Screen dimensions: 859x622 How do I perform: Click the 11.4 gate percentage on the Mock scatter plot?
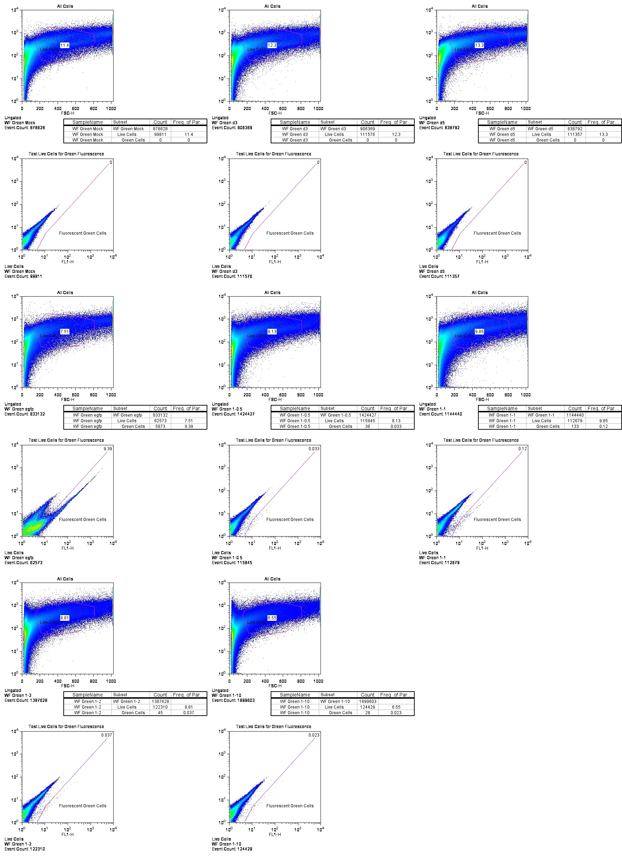pyautogui.click(x=65, y=45)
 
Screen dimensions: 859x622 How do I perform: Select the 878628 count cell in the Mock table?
pyautogui.click(x=160, y=129)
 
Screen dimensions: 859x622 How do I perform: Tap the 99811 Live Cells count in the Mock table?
pyautogui.click(x=160, y=134)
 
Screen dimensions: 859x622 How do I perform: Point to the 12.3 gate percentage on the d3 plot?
pyautogui.click(x=272, y=45)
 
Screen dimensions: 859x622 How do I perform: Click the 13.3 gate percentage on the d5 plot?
pyautogui.click(x=479, y=45)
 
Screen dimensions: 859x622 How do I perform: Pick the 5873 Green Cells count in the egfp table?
pyautogui.click(x=160, y=426)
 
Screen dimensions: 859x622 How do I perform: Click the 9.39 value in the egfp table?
pyautogui.click(x=189, y=426)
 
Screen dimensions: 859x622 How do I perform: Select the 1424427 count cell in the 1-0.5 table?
pyautogui.click(x=368, y=415)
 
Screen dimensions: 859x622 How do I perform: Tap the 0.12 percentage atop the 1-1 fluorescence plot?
pyautogui.click(x=523, y=449)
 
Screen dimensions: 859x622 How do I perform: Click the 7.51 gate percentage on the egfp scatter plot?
pyautogui.click(x=65, y=331)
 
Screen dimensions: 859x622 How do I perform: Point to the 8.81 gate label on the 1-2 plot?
pyautogui.click(x=65, y=618)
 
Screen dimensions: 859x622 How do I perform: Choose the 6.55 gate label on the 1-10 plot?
pyautogui.click(x=272, y=618)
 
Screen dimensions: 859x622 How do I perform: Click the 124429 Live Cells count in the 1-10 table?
pyautogui.click(x=368, y=707)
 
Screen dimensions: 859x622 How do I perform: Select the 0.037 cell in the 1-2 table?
pyautogui.click(x=189, y=713)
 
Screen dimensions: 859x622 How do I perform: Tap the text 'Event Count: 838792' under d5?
pyautogui.click(x=439, y=128)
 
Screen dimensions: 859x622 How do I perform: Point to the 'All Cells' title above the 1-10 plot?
pyautogui.click(x=272, y=579)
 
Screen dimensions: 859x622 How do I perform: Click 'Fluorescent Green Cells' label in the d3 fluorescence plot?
pyautogui.click(x=290, y=233)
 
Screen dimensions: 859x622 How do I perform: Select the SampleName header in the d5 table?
pyautogui.click(x=502, y=122)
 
